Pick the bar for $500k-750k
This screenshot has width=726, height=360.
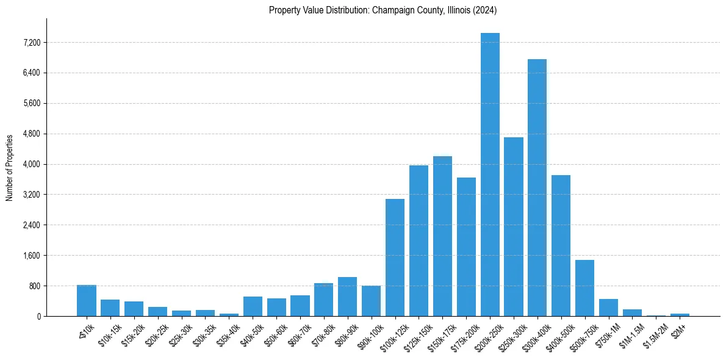[584, 288]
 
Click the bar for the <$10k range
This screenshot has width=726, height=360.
[87, 301]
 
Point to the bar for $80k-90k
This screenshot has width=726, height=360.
[347, 297]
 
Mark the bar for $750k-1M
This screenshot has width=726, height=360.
[608, 308]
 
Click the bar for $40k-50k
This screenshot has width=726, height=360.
[253, 306]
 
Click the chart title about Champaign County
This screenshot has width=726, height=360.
[383, 10]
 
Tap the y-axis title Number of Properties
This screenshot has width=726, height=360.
[9, 167]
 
